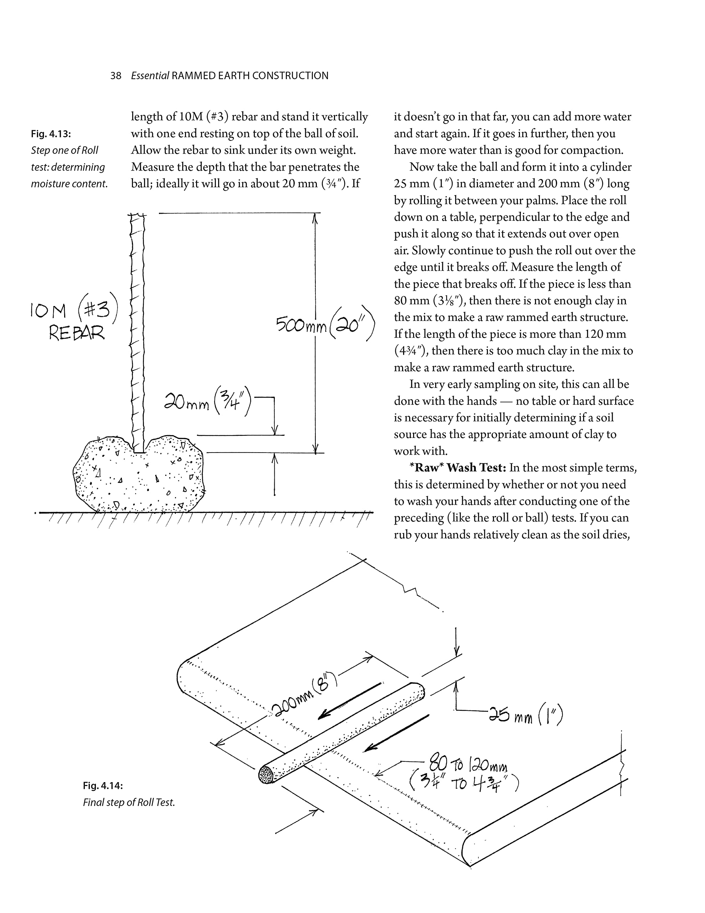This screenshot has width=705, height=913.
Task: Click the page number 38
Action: pos(116,76)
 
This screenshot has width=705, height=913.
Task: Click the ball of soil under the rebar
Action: pos(138,476)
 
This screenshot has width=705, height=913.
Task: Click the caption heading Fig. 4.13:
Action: pos(51,134)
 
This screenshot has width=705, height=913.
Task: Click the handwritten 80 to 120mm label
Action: pos(468,765)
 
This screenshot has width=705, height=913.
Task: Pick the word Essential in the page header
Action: pos(150,76)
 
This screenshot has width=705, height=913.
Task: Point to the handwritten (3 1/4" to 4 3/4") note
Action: pos(464,783)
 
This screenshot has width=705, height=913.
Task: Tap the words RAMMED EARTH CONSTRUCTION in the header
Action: pos(250,76)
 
